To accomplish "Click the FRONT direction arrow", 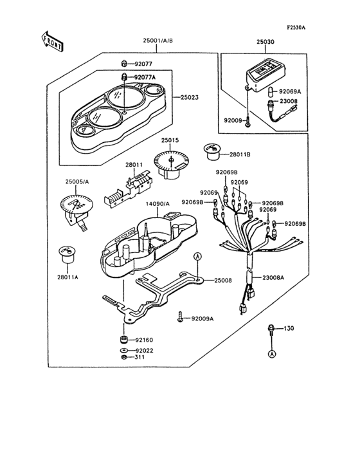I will (x=53, y=42).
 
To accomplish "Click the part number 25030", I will (x=265, y=41).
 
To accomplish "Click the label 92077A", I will (x=145, y=77).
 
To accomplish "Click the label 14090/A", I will (x=157, y=205).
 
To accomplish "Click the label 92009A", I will (x=203, y=319).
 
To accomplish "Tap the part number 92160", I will (x=144, y=339).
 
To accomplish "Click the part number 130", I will (x=289, y=329).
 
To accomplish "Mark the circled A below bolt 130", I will (x=272, y=354).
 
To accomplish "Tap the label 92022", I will (x=144, y=350).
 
